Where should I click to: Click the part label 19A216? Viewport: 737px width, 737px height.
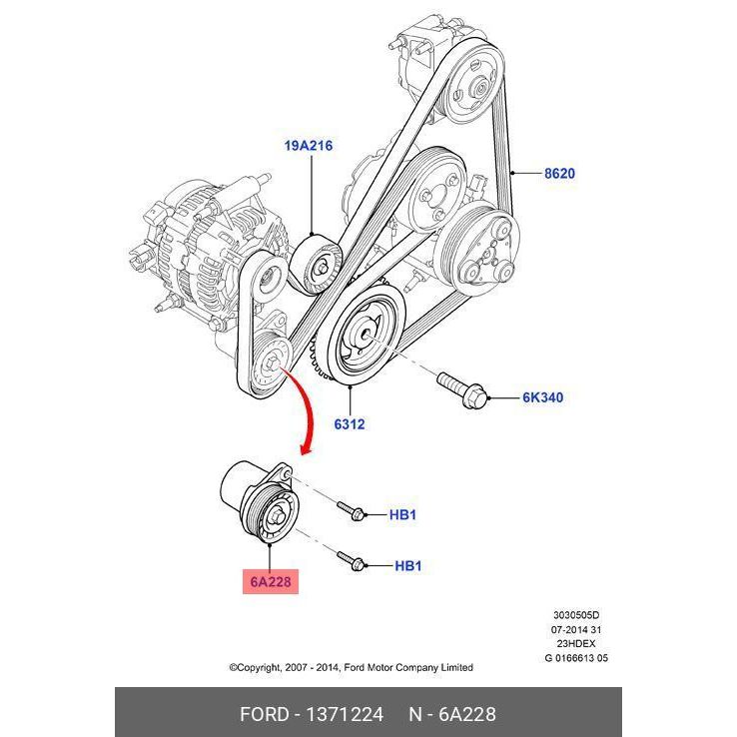[x=308, y=146]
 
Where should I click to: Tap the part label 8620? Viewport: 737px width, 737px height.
[x=559, y=173]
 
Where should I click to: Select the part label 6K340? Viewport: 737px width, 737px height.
[x=542, y=397]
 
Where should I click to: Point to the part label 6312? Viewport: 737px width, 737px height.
[x=349, y=423]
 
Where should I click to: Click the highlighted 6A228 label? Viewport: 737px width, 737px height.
[x=271, y=581]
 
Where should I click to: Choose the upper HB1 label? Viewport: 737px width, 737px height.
[x=401, y=515]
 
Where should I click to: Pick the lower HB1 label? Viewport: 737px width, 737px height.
[x=407, y=566]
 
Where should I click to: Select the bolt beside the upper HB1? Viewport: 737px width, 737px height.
[x=351, y=511]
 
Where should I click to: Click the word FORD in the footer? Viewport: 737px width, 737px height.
[x=264, y=714]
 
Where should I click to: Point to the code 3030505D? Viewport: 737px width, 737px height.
[x=578, y=616]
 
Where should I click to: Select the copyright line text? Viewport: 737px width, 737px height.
[x=351, y=667]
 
